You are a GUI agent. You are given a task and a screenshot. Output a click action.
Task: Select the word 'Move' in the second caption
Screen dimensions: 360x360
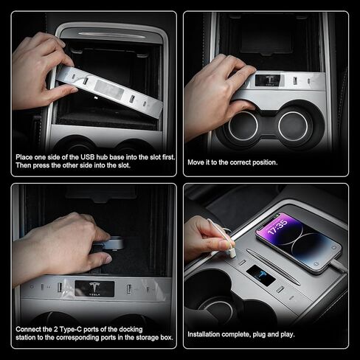196,162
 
